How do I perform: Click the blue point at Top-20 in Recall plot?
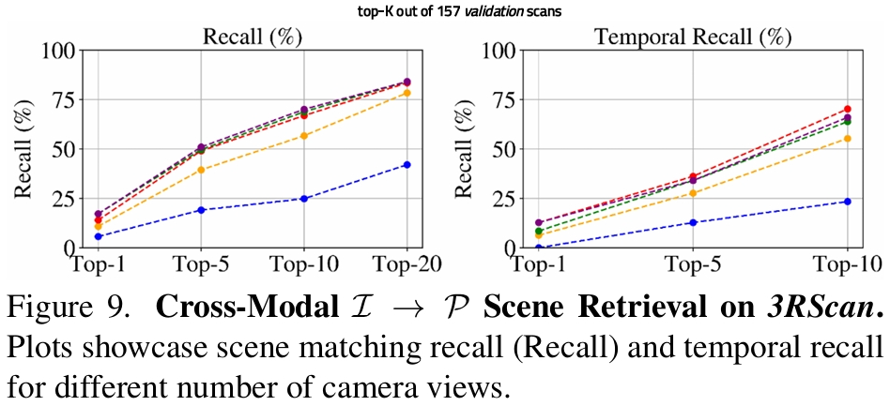click(x=407, y=165)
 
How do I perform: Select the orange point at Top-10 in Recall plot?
click(x=304, y=136)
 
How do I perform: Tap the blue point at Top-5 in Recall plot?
click(x=202, y=210)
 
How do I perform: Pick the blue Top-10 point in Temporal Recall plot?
click(x=847, y=202)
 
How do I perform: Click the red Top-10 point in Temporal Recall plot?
click(x=847, y=110)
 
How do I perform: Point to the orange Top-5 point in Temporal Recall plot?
click(x=693, y=193)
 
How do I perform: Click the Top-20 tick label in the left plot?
click(x=406, y=265)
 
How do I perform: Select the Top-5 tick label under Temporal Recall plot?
click(x=693, y=265)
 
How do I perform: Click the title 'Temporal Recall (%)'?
click(x=693, y=38)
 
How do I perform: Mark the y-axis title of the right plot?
click(x=463, y=148)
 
